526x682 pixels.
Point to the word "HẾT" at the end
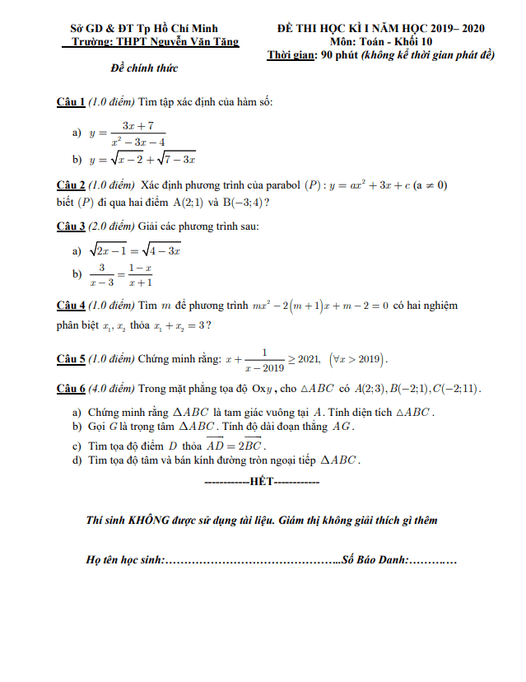pyautogui.click(x=261, y=479)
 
